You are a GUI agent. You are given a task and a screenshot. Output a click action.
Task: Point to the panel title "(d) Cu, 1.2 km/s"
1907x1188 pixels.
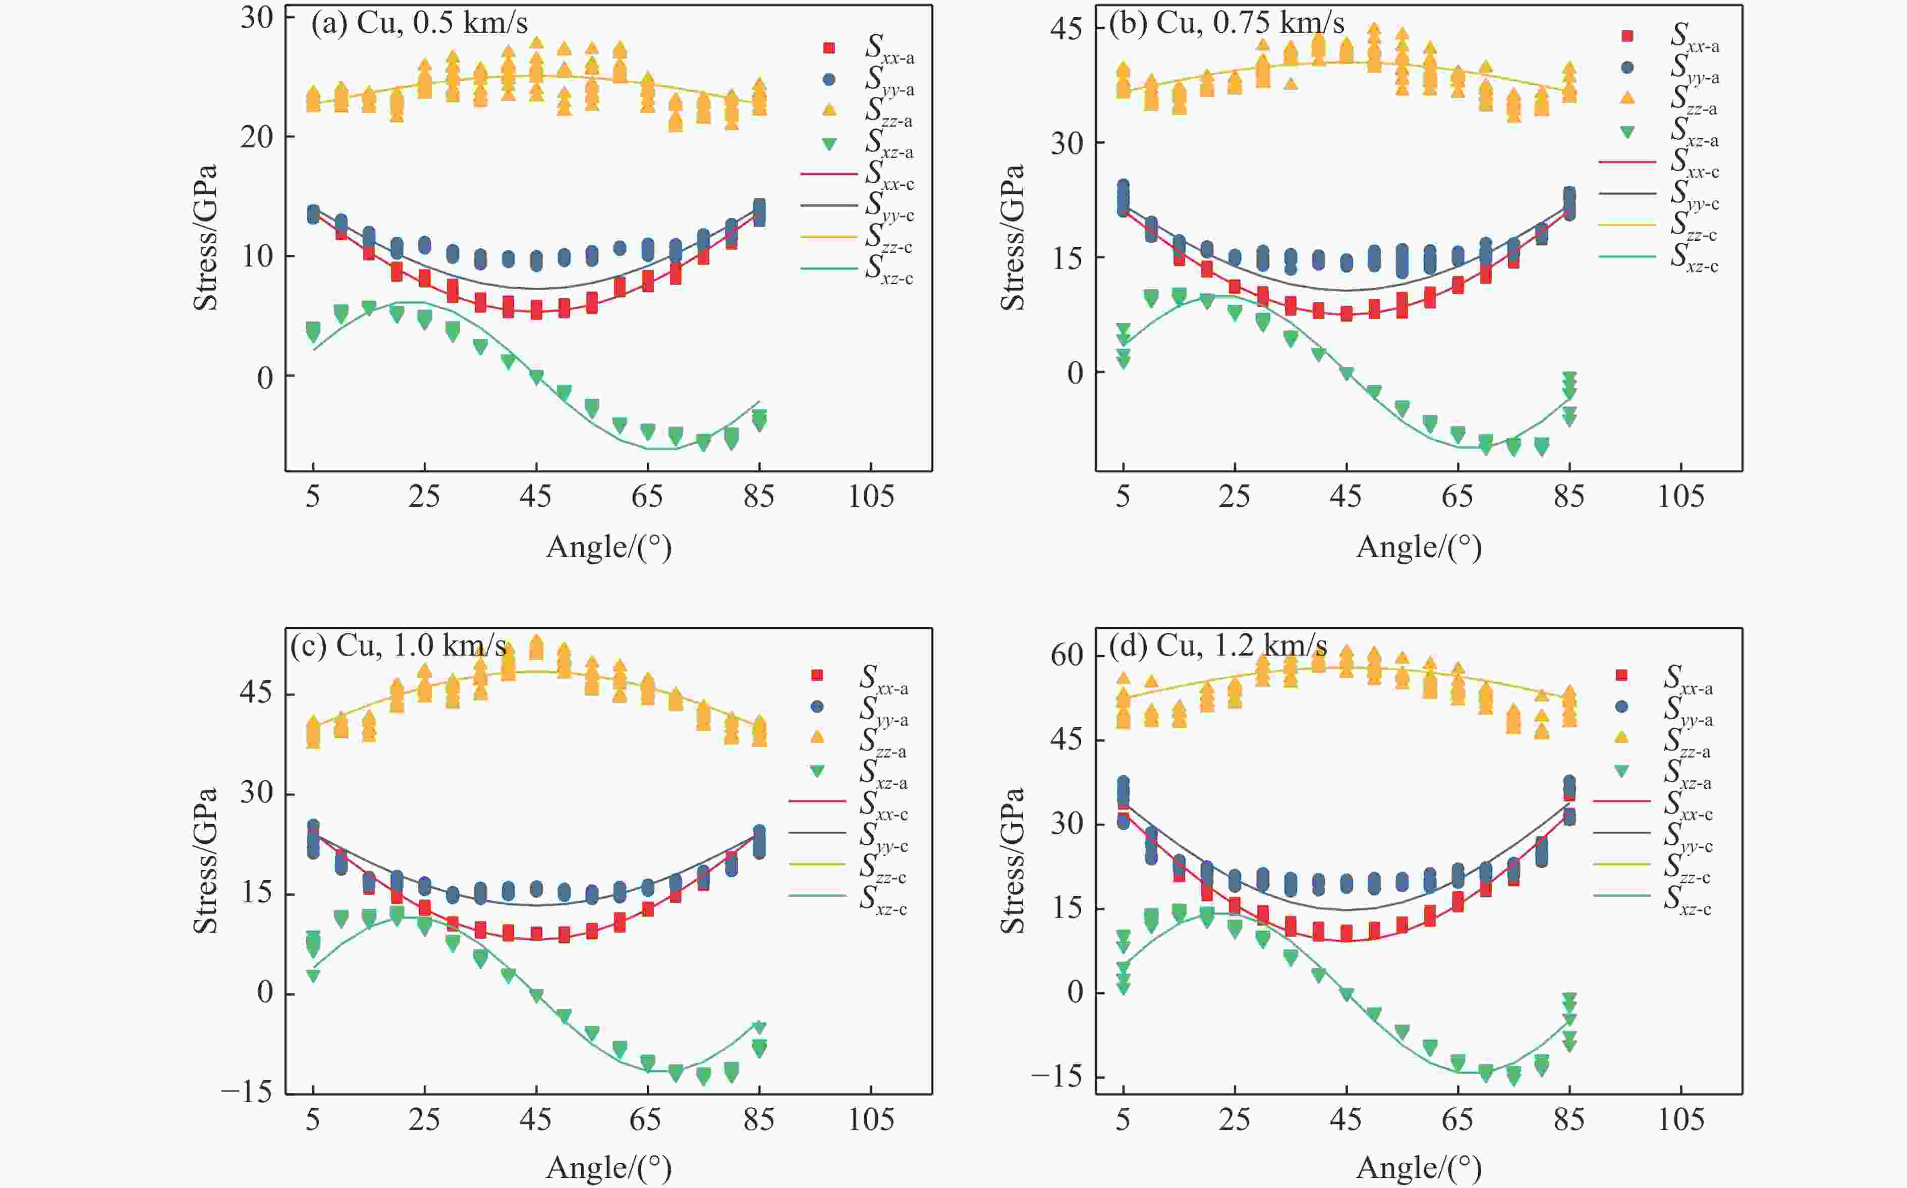click(1217, 646)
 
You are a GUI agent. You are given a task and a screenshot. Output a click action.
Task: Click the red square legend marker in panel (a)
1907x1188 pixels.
click(828, 48)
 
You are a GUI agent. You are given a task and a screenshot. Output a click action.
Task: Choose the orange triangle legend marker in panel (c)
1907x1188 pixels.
click(817, 736)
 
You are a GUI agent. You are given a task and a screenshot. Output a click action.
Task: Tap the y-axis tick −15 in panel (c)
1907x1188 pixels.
click(247, 1092)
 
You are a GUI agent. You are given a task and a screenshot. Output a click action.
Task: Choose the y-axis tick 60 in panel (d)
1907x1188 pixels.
click(1067, 655)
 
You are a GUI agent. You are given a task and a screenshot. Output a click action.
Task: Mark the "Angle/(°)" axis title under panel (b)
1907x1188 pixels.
click(1419, 548)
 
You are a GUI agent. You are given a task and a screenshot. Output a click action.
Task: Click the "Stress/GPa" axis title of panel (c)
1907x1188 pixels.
click(206, 860)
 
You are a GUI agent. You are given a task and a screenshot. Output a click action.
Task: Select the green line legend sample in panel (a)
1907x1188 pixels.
click(828, 268)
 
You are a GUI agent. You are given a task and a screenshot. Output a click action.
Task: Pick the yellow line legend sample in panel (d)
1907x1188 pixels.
click(1621, 863)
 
